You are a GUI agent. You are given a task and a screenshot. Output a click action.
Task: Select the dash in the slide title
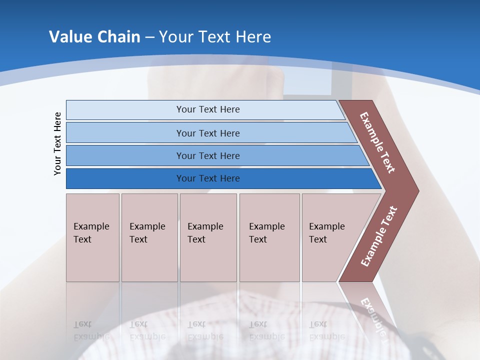(x=149, y=37)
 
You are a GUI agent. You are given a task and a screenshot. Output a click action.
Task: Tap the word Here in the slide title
(x=253, y=37)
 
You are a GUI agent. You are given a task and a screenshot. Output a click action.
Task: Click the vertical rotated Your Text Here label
(x=57, y=143)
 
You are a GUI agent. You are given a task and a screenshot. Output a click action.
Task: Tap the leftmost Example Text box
(x=92, y=237)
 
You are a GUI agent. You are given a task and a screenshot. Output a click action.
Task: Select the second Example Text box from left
(x=149, y=237)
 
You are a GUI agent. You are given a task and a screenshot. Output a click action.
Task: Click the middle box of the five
(x=208, y=237)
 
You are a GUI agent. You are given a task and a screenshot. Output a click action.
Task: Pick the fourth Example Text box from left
(x=269, y=237)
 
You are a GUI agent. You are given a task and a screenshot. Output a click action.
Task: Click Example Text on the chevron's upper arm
(x=377, y=142)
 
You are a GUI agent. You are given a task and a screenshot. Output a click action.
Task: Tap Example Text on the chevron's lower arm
(x=379, y=236)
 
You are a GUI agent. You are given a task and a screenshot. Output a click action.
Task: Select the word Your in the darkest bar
(x=185, y=178)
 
